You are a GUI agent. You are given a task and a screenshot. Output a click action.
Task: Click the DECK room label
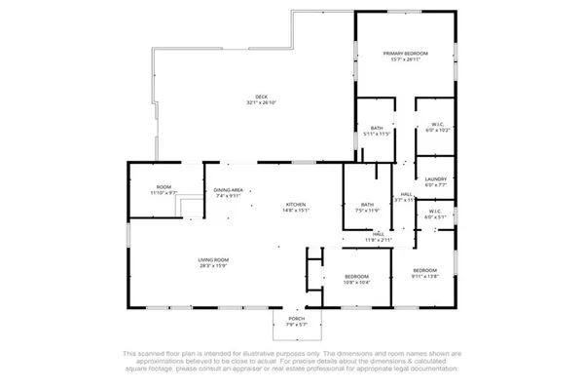coord(261,96)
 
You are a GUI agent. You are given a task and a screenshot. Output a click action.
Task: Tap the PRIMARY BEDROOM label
coord(405,53)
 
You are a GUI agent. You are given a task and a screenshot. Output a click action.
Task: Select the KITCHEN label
coord(295,203)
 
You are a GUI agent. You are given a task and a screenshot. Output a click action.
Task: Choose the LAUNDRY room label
coord(435,179)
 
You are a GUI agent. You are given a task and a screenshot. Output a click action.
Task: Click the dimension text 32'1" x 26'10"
coord(261,102)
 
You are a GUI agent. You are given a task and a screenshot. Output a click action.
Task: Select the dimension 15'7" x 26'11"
coord(405,59)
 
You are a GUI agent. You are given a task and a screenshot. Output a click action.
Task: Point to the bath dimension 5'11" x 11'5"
coord(376,134)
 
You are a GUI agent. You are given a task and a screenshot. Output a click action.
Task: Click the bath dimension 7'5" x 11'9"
coord(367,210)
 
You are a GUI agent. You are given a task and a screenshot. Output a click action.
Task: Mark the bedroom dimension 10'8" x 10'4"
coord(356,283)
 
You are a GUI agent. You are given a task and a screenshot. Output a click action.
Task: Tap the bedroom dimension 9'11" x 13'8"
coord(424,276)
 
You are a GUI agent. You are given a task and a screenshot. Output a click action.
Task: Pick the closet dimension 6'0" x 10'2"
coord(437,130)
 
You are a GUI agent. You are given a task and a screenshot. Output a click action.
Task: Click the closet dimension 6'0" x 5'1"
coord(437,216)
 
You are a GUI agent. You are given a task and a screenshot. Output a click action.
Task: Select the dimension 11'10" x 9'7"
coord(164,193)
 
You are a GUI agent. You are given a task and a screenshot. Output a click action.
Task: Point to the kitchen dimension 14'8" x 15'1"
coord(295,210)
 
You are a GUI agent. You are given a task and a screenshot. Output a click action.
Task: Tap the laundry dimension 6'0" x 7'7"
coord(435,185)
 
